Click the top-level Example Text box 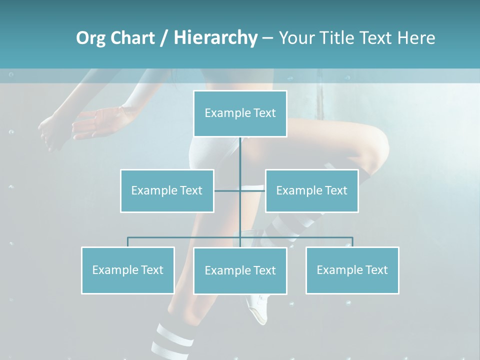(x=240, y=113)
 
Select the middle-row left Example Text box (x=167, y=190)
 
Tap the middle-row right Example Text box (x=311, y=190)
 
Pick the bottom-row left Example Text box (x=127, y=270)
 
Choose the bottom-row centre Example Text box (x=240, y=270)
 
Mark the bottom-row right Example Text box (x=352, y=270)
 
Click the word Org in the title (x=90, y=38)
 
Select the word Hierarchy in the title (x=215, y=38)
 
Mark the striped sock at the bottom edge (x=165, y=340)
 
